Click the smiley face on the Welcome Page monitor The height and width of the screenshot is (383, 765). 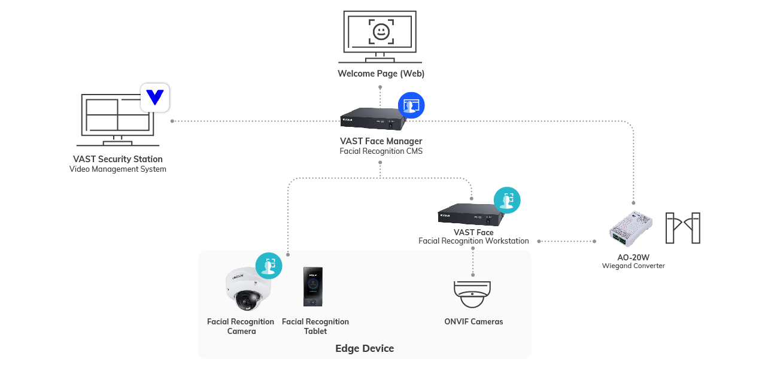pos(380,31)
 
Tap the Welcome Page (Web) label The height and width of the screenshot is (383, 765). pos(381,74)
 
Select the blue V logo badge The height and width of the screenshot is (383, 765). pos(155,98)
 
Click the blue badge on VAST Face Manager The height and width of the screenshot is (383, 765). pos(411,105)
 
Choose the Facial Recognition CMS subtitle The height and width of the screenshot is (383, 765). pos(381,151)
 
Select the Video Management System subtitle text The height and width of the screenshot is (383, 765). pos(118,169)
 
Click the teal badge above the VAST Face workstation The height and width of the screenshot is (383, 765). pos(507,200)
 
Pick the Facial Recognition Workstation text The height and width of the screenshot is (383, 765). pos(473,241)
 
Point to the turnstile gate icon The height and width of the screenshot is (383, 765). pos(683,228)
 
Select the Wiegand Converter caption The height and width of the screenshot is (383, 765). pos(633,266)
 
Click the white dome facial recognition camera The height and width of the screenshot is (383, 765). pos(247,290)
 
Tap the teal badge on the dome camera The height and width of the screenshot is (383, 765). pos(269,266)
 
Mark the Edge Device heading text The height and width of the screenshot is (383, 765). pos(365,348)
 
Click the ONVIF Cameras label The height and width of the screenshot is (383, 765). pos(473,322)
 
